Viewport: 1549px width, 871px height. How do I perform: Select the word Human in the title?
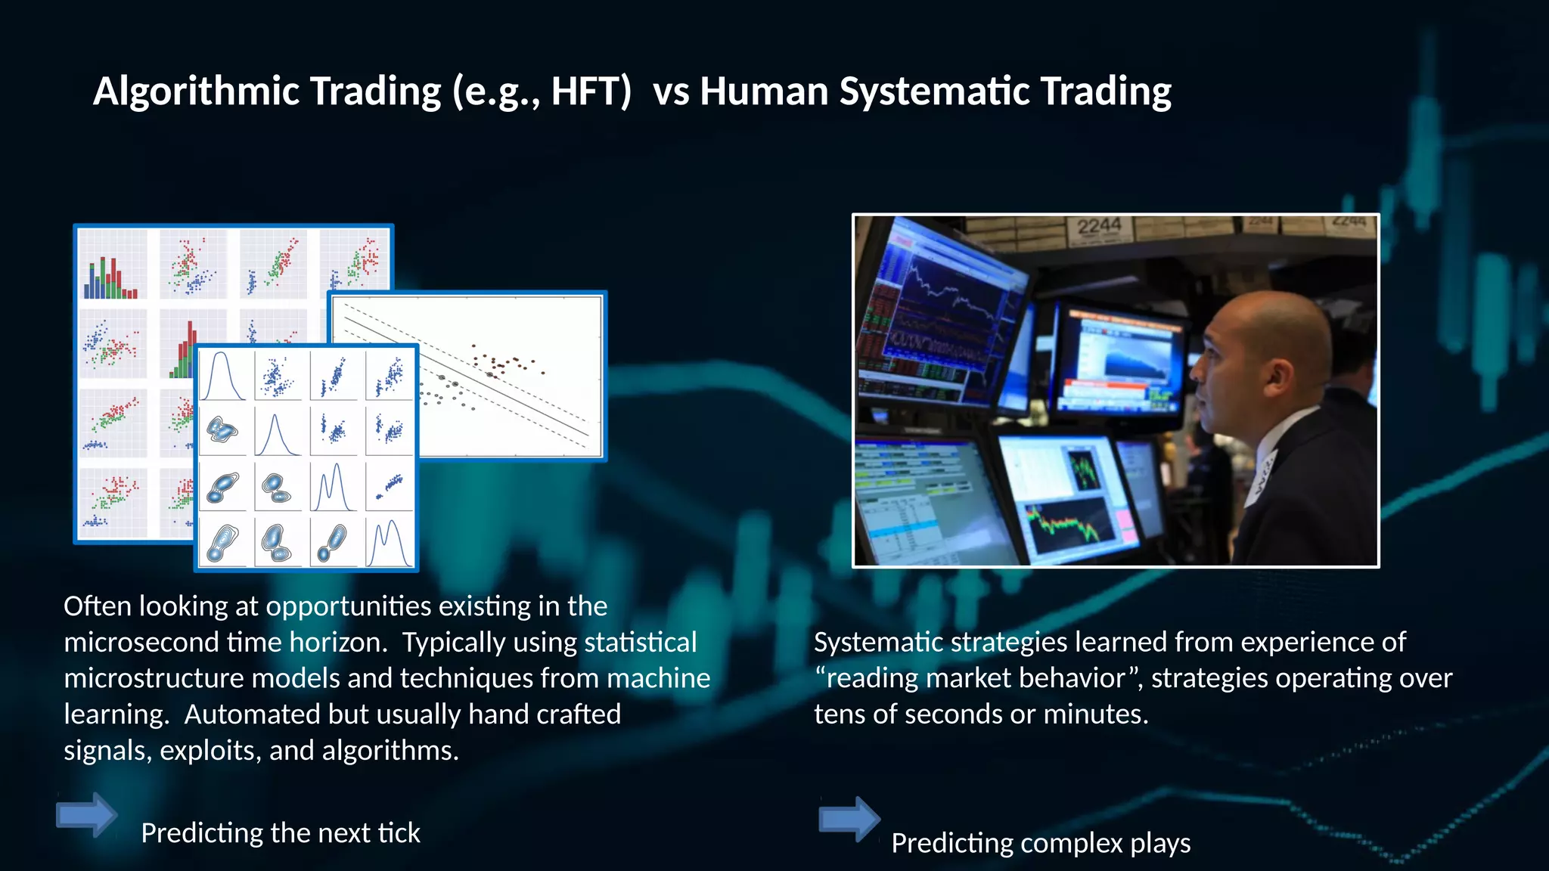coord(765,92)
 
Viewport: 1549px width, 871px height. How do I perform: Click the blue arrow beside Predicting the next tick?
coord(86,814)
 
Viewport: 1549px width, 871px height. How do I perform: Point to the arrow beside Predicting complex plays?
coord(849,819)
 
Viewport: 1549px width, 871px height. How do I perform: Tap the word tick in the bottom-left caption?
coord(399,833)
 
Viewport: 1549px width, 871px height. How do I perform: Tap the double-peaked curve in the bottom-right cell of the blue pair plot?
coord(390,541)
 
